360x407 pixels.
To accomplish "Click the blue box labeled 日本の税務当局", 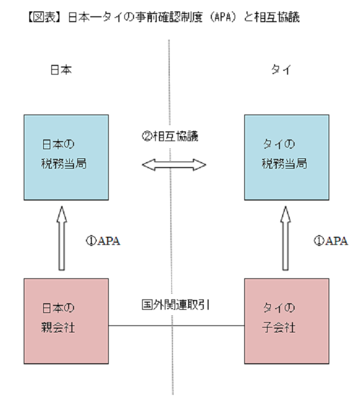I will click(x=64, y=157).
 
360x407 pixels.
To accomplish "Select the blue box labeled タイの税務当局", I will click(x=286, y=157).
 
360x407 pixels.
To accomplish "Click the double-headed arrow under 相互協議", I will click(x=174, y=164).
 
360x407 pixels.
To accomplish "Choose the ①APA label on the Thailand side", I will click(x=330, y=241).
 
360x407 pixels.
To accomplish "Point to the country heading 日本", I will click(x=61, y=70).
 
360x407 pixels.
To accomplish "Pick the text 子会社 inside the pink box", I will click(x=279, y=328).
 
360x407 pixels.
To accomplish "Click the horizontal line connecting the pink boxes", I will click(x=176, y=326).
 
